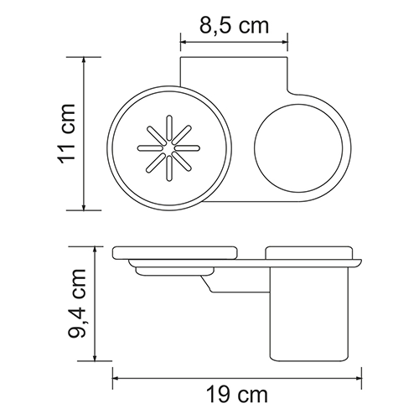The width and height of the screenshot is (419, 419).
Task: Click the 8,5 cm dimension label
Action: pyautogui.click(x=235, y=25)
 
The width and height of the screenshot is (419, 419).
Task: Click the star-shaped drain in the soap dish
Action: pyautogui.click(x=167, y=153)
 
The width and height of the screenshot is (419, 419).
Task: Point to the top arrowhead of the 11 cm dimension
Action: pyautogui.click(x=86, y=61)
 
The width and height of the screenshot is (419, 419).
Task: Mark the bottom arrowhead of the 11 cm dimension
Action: pyautogui.click(x=86, y=207)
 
